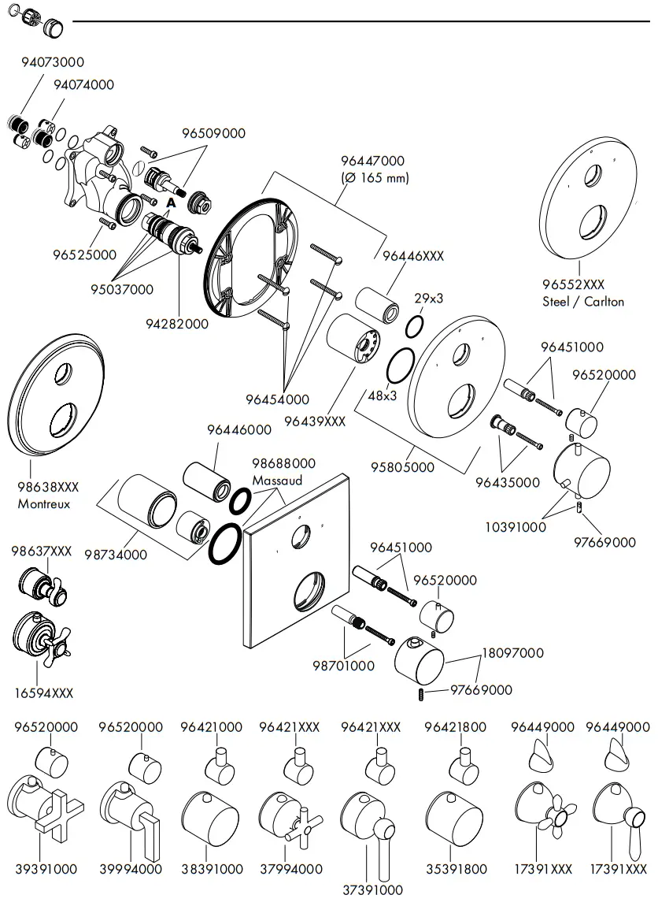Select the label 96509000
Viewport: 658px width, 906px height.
[214, 133]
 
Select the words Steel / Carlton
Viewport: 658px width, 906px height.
[583, 301]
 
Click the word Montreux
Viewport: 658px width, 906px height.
[44, 504]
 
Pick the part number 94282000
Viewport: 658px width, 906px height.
[177, 324]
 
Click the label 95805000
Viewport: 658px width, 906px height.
[402, 467]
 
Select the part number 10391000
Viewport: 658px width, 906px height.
[515, 527]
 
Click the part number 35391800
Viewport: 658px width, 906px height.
[456, 870]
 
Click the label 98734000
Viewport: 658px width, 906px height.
[116, 555]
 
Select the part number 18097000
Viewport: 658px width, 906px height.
[512, 653]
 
